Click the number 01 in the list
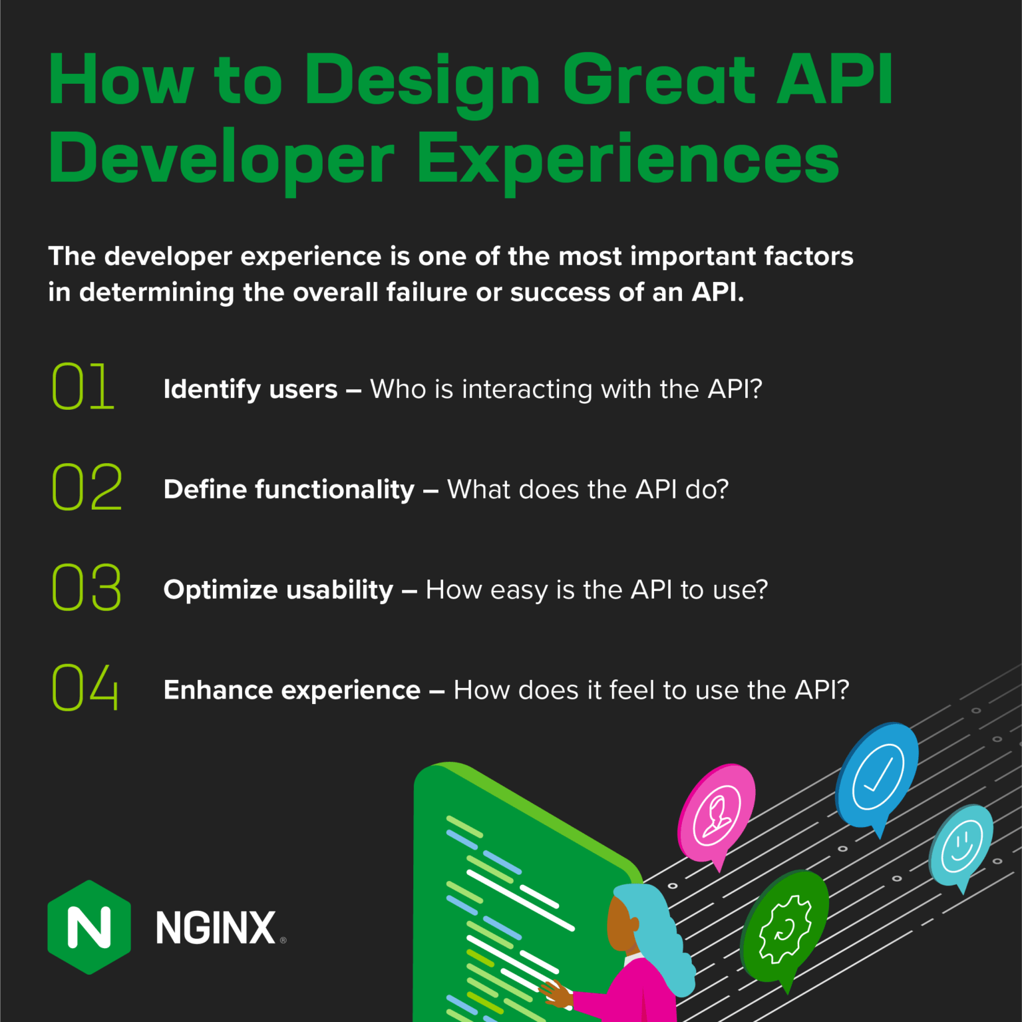[x=83, y=386]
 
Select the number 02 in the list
[x=87, y=487]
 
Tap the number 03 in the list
[x=87, y=587]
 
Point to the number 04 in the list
[x=86, y=687]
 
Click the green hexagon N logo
[x=89, y=927]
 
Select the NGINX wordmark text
[x=216, y=928]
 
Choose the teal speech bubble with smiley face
[x=961, y=845]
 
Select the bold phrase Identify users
[x=251, y=389]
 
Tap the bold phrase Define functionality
[x=289, y=490]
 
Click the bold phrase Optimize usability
[x=279, y=590]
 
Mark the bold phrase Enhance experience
[x=292, y=690]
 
